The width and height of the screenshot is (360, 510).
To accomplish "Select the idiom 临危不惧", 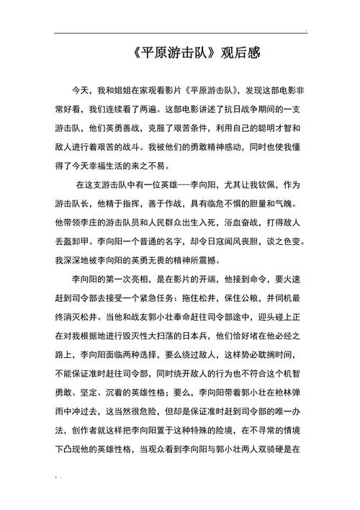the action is [x=229, y=202].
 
